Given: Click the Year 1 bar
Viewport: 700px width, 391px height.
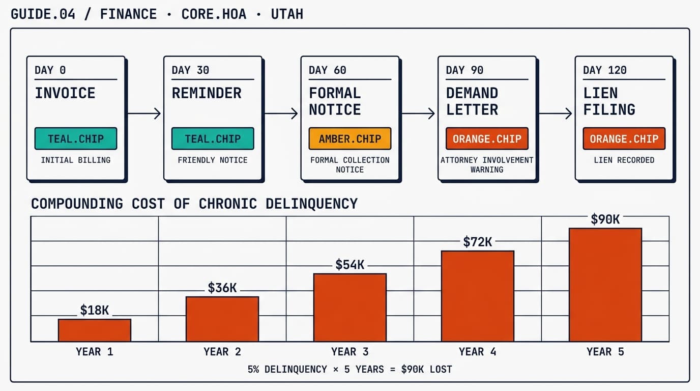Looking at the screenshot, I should (x=95, y=330).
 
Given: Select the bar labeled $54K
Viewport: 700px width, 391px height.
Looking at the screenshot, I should (x=350, y=308).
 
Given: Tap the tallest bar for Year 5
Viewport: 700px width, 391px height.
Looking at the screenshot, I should (x=605, y=285).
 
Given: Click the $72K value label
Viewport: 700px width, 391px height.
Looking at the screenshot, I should (x=477, y=242).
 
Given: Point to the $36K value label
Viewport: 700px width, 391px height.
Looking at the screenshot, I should (x=222, y=288).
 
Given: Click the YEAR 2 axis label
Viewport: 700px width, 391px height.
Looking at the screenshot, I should (x=222, y=352).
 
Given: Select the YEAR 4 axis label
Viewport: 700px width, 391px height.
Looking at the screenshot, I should (x=477, y=352).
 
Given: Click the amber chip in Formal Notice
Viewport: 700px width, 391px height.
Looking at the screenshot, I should (x=350, y=138).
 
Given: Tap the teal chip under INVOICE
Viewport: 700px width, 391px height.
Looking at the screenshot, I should (x=76, y=138).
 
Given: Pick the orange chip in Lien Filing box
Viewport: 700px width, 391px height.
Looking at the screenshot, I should (x=624, y=138).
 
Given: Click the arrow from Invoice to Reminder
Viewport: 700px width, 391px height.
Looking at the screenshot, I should (x=144, y=114).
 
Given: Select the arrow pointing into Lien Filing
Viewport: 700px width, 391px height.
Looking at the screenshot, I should (x=556, y=114).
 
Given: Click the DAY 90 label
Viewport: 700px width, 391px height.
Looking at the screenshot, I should (x=464, y=70).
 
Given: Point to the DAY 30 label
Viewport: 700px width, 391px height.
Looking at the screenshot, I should (x=190, y=70).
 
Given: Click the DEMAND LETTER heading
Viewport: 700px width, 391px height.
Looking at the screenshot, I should (x=472, y=101).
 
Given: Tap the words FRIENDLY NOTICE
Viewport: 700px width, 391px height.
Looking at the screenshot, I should (x=213, y=160).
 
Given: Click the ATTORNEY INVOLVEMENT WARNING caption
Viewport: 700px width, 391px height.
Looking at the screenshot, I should (x=487, y=164).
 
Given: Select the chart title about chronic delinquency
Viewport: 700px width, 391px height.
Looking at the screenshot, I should (x=194, y=204).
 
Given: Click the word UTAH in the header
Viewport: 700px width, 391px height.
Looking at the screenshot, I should (x=287, y=14).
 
